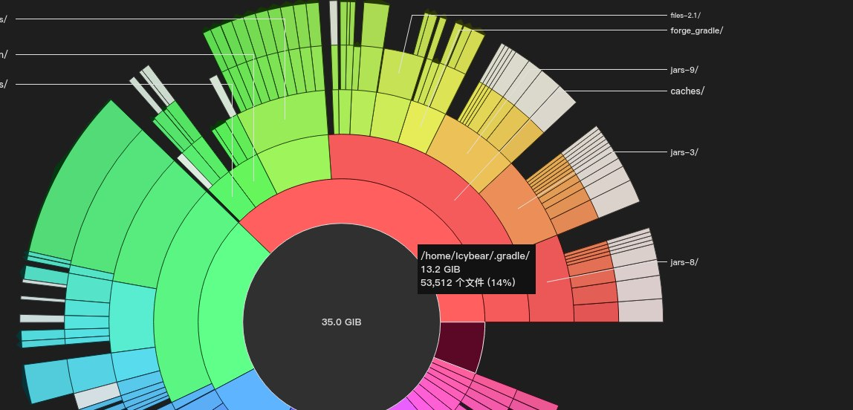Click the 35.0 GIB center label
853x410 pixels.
pos(341,322)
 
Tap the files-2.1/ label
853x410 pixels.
pos(684,15)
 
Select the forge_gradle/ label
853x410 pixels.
pos(696,30)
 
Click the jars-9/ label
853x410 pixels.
pos(684,70)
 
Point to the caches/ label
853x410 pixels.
pos(687,91)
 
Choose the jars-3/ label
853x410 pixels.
pos(684,152)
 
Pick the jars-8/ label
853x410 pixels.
pos(684,262)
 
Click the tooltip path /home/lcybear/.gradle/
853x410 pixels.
pos(475,256)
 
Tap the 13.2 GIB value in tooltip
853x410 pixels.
pos(441,269)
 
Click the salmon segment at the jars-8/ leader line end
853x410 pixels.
pos(548,281)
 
